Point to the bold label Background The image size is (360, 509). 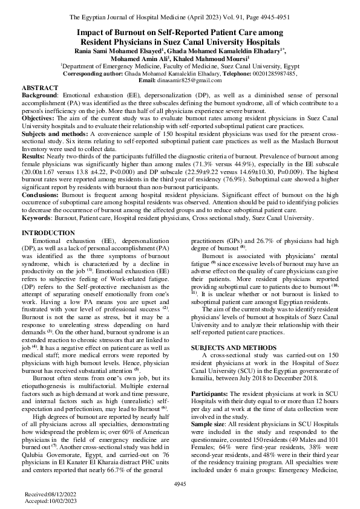coord(40,96)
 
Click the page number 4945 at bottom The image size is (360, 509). coord(180,484)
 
